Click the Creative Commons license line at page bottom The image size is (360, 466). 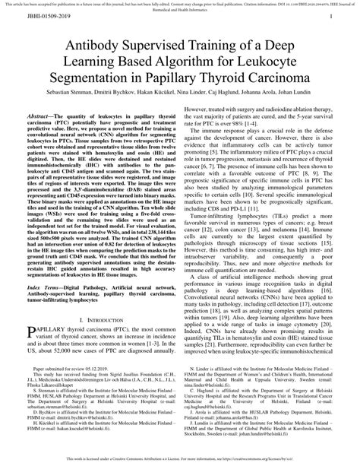click(180, 461)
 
